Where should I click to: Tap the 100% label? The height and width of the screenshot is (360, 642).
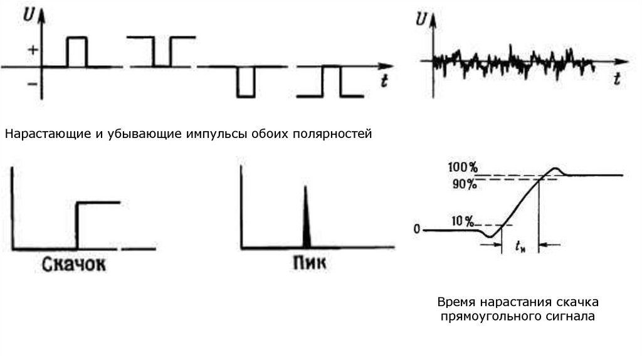(463, 168)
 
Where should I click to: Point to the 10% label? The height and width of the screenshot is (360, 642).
(462, 221)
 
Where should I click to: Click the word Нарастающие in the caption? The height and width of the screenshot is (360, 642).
(39, 134)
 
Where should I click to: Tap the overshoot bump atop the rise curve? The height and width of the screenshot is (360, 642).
(556, 170)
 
